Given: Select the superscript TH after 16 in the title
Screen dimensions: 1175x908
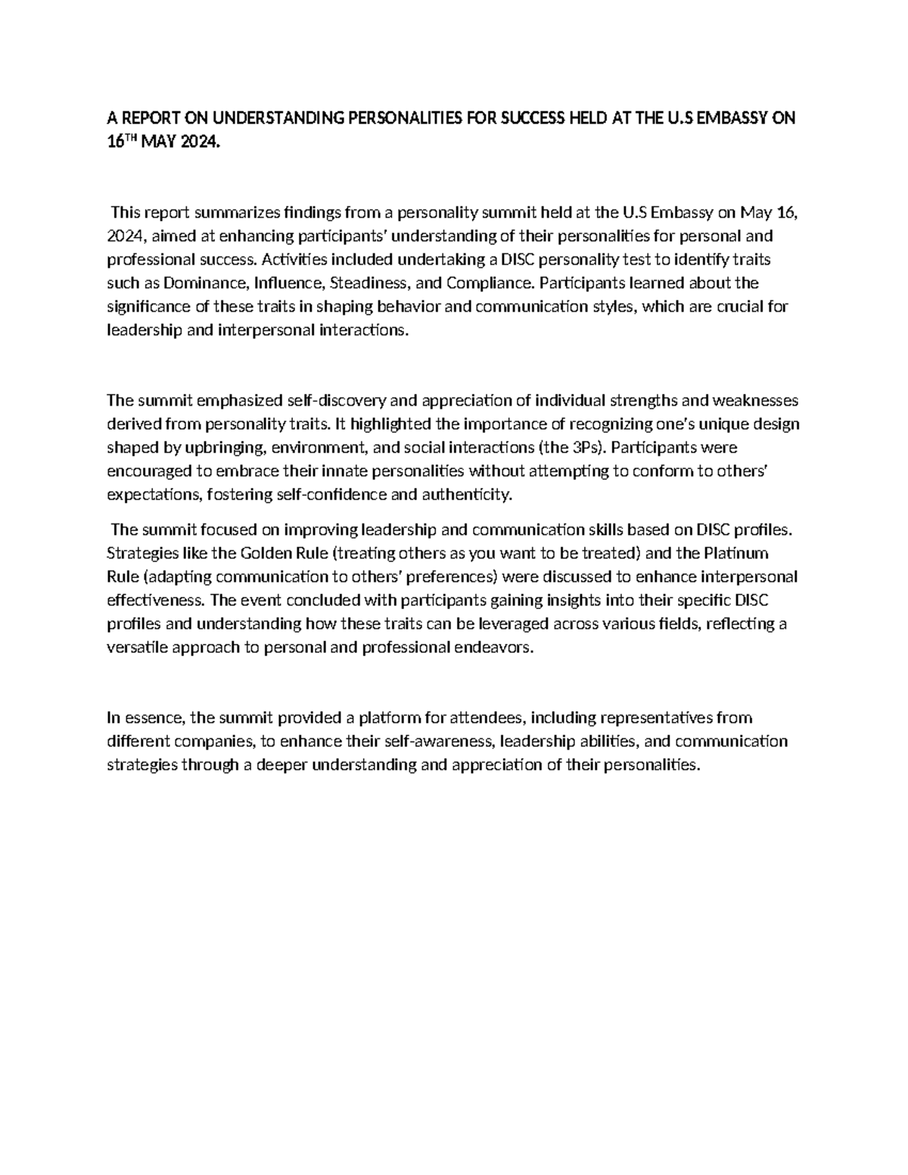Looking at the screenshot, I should (134, 140).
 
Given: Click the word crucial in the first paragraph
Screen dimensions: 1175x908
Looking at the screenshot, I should (742, 306).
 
